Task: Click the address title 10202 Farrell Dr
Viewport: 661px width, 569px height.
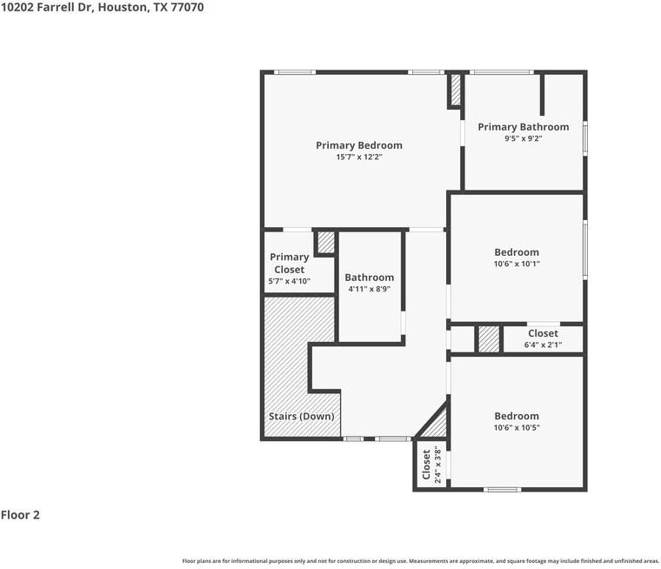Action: coord(102,8)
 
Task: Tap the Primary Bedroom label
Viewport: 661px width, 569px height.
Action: coord(358,145)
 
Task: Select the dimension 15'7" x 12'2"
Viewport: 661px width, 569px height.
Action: coord(358,157)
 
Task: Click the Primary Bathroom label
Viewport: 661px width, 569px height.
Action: coord(523,127)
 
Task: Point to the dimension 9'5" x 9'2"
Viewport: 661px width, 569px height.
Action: coord(523,138)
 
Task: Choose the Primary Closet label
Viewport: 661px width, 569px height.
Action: coord(289,263)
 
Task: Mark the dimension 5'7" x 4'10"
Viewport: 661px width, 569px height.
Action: coord(289,281)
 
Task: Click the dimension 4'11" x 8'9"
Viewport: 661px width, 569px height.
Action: coord(369,289)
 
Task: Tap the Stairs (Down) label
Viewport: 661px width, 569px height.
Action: coord(301,416)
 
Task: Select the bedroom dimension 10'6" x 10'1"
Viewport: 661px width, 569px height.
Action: coord(517,264)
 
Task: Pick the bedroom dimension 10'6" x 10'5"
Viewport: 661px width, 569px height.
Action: coord(517,427)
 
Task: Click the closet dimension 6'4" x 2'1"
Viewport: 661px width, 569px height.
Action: coord(543,345)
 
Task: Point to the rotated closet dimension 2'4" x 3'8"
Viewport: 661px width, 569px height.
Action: coord(437,465)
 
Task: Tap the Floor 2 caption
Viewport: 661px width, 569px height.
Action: coord(20,514)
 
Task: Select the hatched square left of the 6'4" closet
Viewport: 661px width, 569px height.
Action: coord(489,339)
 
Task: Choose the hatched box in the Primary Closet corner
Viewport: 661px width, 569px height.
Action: coord(325,242)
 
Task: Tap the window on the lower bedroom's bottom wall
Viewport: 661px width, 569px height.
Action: coord(502,489)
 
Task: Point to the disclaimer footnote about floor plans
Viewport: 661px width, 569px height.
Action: coord(420,560)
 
